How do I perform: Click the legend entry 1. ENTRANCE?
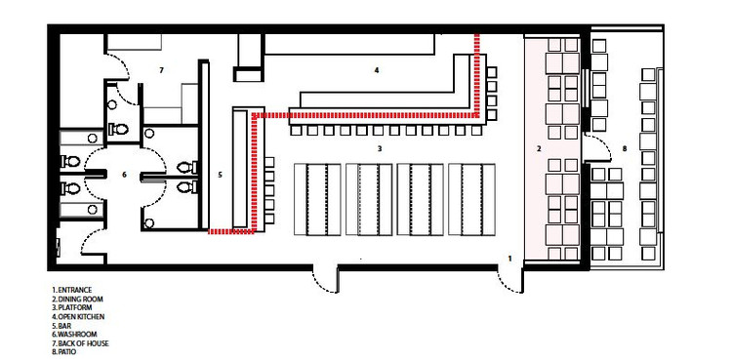72,290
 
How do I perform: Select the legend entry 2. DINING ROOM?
77,299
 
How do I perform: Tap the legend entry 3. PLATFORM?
72,307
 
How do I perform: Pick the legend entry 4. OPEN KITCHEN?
78,316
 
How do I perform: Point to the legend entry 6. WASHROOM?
74,335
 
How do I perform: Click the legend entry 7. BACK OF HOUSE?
80,343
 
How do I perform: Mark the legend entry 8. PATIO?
65,351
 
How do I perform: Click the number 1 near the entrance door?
509,258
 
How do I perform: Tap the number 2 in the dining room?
539,149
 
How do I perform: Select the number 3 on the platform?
380,149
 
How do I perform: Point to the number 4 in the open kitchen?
377,70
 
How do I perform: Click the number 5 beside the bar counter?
220,175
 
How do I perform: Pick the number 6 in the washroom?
124,175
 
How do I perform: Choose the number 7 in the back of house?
161,70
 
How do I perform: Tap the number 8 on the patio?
625,149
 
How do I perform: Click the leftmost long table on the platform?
317,199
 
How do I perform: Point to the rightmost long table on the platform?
471,199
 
